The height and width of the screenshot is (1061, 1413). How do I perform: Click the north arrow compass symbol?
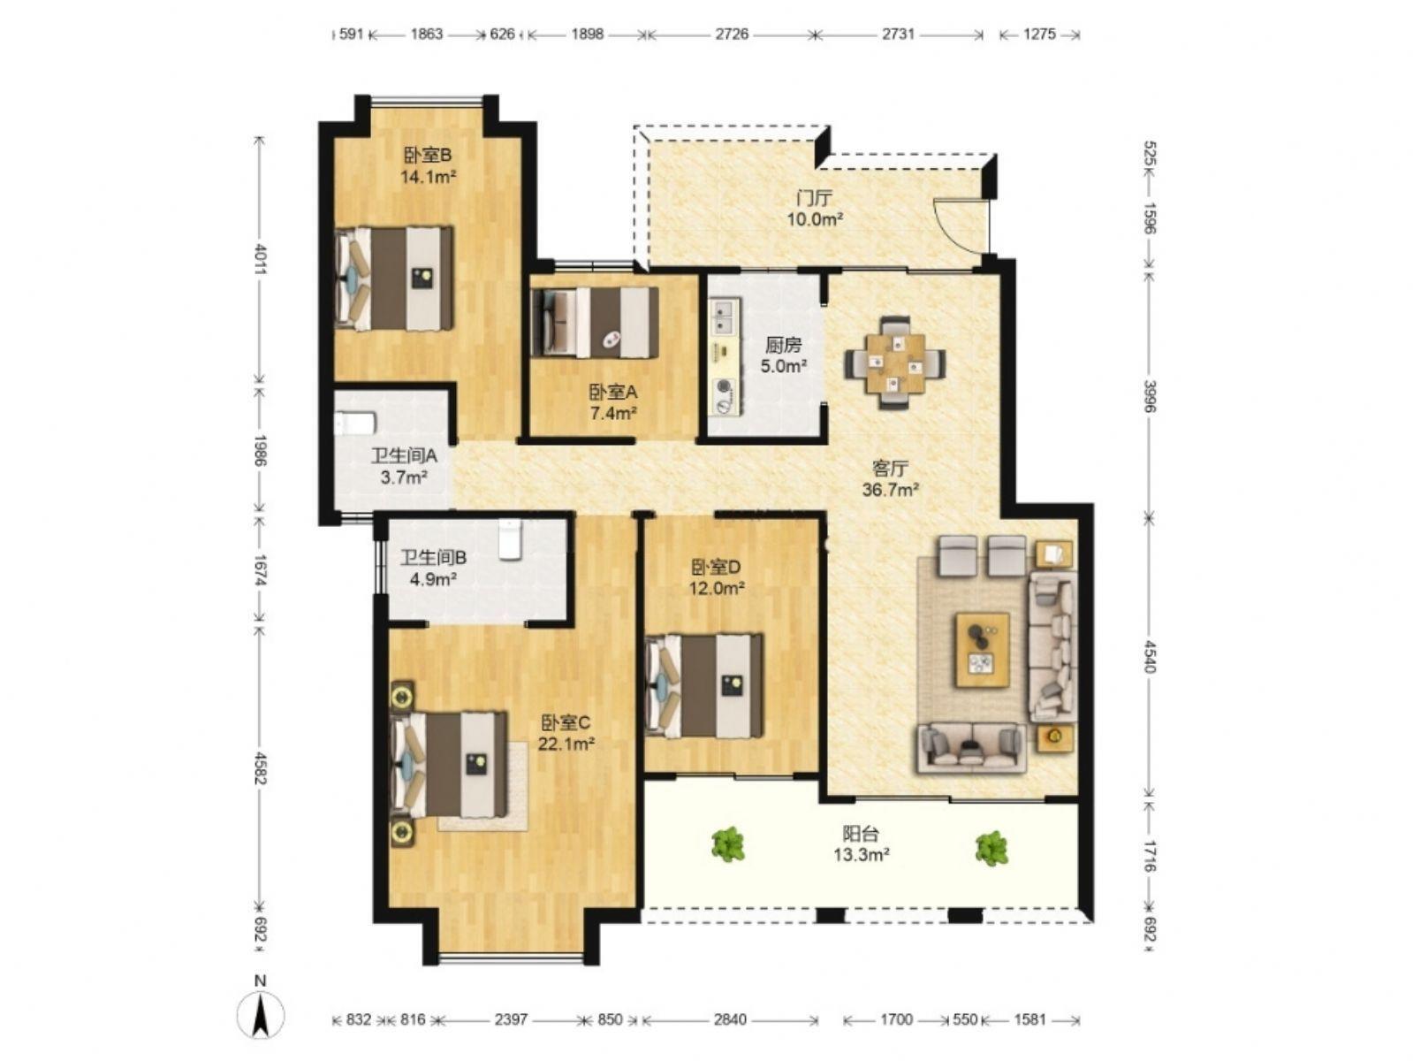tap(260, 1017)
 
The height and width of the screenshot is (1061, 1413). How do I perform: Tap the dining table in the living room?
tap(895, 363)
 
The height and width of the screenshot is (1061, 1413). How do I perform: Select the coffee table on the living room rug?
tap(983, 650)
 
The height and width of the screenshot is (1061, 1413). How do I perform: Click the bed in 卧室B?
tap(393, 279)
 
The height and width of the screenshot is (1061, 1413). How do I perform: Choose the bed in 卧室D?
tap(704, 686)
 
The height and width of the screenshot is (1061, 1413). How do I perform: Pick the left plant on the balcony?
tap(728, 844)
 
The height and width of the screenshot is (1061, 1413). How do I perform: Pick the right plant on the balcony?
tap(991, 848)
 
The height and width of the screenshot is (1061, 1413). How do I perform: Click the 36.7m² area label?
tap(890, 490)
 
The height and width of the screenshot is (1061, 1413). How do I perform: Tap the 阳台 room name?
tap(861, 835)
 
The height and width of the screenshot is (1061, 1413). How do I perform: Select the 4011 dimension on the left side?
tap(260, 259)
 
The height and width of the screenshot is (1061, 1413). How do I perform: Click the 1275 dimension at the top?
tap(1039, 34)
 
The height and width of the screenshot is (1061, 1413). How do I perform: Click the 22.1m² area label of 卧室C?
tap(566, 744)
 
